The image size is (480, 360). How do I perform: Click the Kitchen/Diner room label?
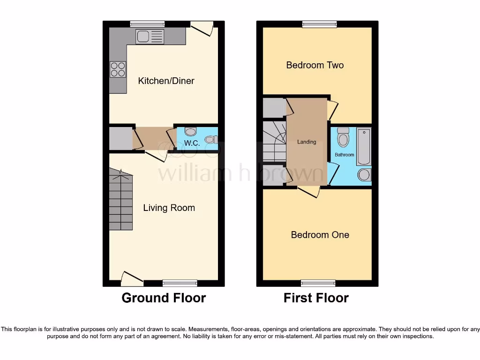[x=166, y=81]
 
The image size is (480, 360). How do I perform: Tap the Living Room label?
[x=169, y=208]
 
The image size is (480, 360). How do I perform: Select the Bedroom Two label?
[x=315, y=65]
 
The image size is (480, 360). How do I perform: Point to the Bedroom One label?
[x=320, y=235]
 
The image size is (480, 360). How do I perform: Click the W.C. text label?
[x=192, y=142]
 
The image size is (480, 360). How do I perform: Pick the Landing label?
[x=307, y=142]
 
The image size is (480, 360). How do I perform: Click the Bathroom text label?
[x=344, y=155]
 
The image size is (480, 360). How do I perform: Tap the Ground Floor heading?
[x=164, y=298]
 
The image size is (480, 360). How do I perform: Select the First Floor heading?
[x=316, y=298]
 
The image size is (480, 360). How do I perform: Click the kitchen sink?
[x=150, y=37]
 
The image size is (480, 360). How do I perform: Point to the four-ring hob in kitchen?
[x=118, y=69]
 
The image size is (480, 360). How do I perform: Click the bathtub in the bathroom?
[x=363, y=146]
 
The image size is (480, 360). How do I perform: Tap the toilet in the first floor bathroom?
[x=343, y=137]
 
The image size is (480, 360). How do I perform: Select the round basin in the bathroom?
[x=364, y=175]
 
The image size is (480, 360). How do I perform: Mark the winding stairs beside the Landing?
[x=274, y=141]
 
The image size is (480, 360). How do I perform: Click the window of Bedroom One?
[x=318, y=283]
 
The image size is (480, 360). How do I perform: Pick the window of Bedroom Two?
[x=319, y=24]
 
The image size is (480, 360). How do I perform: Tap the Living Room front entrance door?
[x=132, y=280]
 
